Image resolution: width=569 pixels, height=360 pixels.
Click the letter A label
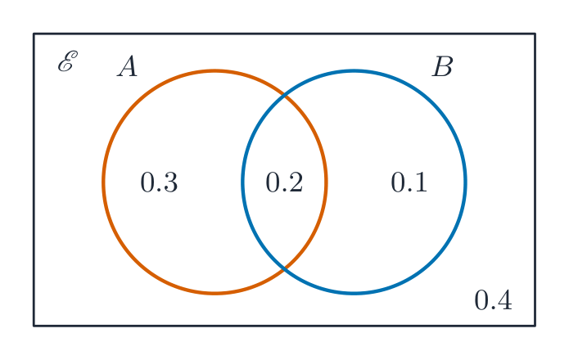click(128, 66)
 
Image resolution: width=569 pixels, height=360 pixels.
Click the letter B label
click(442, 66)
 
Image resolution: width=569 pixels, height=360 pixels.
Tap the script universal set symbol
click(68, 61)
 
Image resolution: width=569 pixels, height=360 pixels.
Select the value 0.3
click(159, 182)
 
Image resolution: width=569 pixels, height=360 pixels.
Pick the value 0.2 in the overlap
click(284, 182)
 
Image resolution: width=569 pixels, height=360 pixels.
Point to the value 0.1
click(409, 182)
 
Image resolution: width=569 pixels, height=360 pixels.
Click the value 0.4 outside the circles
click(493, 300)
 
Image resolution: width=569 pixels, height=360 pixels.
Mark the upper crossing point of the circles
click(285, 96)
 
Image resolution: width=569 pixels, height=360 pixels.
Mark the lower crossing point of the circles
click(285, 268)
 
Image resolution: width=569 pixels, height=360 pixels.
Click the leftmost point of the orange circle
click(103, 182)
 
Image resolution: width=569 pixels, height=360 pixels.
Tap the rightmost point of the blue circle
click(466, 182)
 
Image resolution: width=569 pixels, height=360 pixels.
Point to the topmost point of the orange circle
click(215, 70)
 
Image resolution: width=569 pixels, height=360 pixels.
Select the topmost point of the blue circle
click(354, 70)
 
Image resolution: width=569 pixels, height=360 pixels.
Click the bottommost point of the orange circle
click(215, 293)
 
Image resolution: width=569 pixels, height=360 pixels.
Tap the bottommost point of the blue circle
click(354, 293)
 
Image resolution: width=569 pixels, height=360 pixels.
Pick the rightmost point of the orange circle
click(326, 182)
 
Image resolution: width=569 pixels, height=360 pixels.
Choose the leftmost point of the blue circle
click(243, 182)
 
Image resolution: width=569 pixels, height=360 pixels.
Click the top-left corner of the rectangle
click(34, 34)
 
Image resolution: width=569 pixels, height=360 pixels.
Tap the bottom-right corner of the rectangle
click(535, 326)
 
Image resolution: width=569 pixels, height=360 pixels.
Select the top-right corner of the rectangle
click(535, 34)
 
